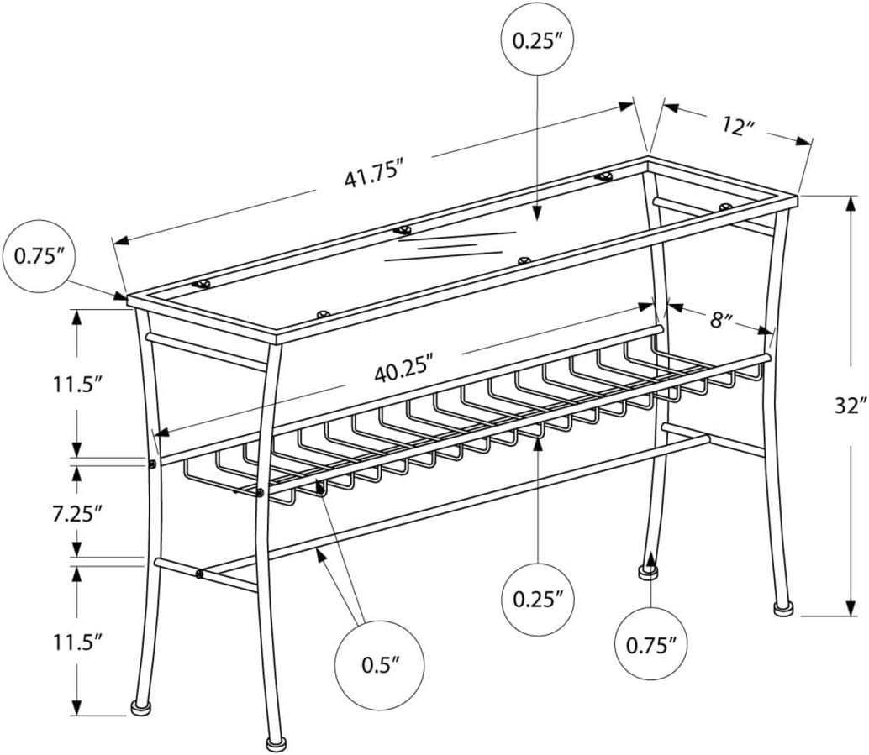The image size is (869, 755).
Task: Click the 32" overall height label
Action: (851, 405)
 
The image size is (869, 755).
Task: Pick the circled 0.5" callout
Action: (378, 664)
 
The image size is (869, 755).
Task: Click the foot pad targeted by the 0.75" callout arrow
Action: (647, 573)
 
